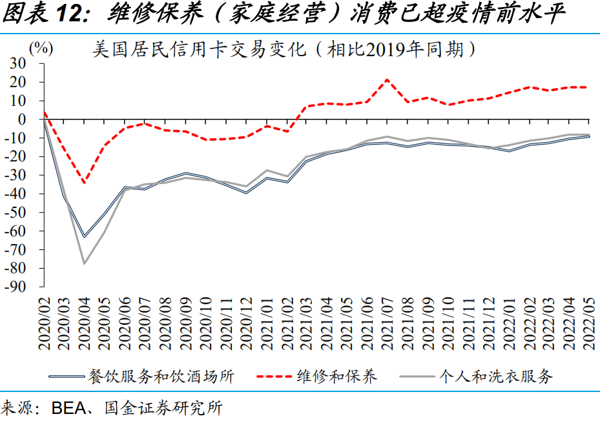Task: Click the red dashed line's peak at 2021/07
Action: click(x=387, y=80)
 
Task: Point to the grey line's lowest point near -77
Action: click(x=84, y=263)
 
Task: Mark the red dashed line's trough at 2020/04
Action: click(x=84, y=183)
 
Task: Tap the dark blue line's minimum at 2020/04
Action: click(x=84, y=237)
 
